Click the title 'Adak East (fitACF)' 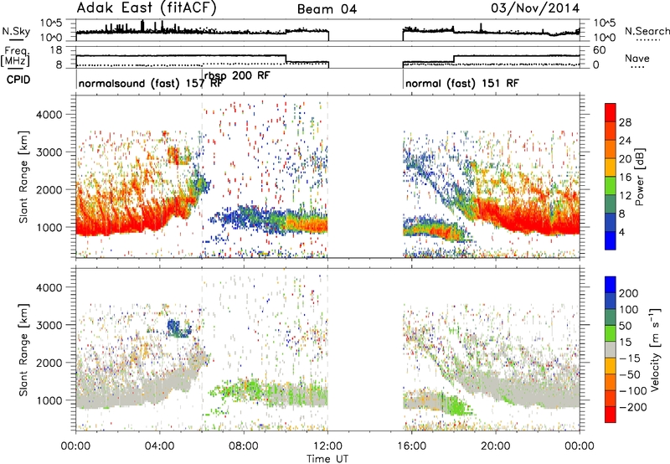146,8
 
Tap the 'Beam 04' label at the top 327,9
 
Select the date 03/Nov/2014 535,8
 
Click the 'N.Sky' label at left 16,31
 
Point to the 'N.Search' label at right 647,31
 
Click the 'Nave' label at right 637,58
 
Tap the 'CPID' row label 18,80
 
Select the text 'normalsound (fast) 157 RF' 151,83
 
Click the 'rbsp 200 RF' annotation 237,75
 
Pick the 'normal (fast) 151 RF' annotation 462,83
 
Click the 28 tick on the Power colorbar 625,122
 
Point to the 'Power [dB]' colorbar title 639,177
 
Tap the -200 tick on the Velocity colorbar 629,407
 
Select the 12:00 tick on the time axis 327,446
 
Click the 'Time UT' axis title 327,459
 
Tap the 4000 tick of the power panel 49,115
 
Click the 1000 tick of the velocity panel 49,400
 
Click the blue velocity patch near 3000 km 178,328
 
